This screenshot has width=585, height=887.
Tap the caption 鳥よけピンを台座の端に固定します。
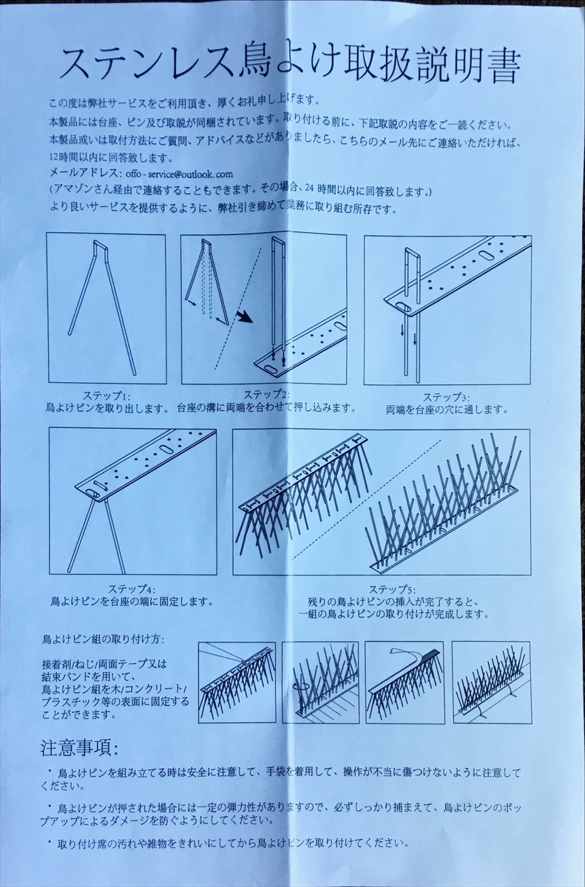pyautogui.click(x=130, y=602)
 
